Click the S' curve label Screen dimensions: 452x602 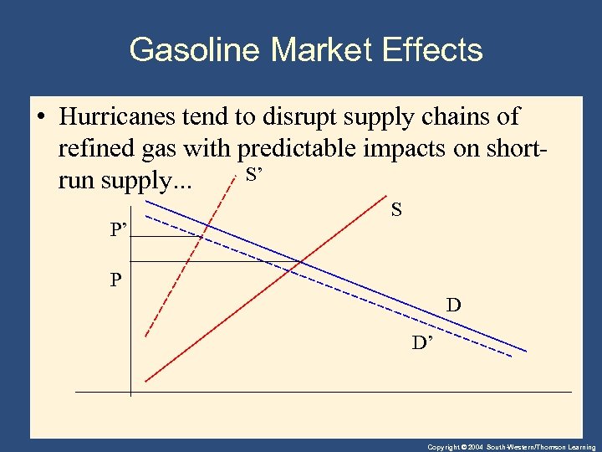coord(253,175)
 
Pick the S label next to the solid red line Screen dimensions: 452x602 coord(396,211)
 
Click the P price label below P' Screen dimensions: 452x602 coord(115,280)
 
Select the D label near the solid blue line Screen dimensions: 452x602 coord(453,306)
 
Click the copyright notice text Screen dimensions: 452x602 coord(511,447)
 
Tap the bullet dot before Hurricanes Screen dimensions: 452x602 coord(40,118)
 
